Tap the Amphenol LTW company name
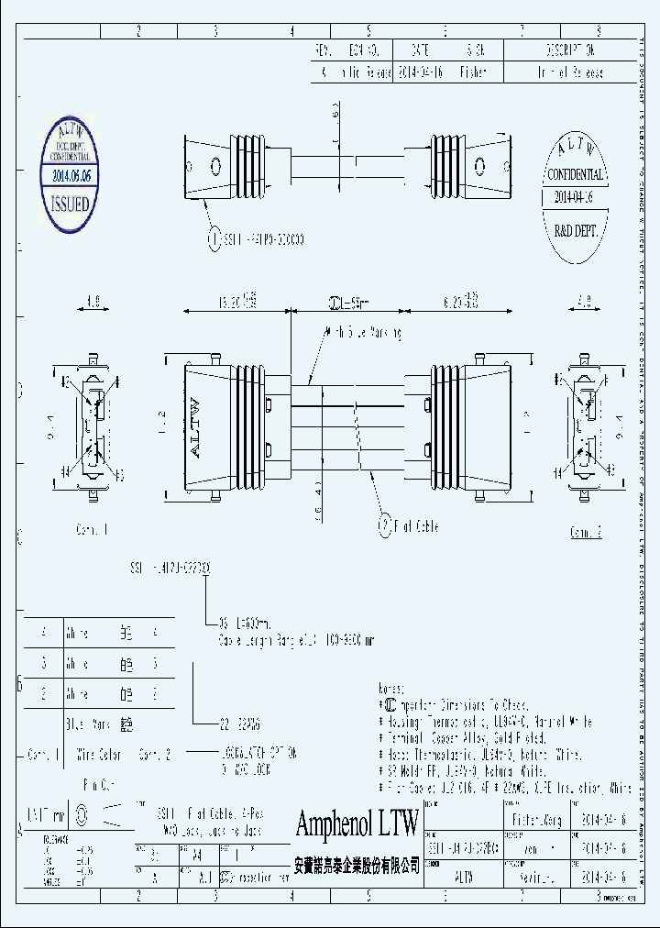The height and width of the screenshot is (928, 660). click(x=357, y=823)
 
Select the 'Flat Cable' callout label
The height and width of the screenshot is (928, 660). click(x=415, y=526)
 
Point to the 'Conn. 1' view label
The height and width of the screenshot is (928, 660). click(x=92, y=529)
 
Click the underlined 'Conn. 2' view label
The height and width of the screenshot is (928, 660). click(x=586, y=532)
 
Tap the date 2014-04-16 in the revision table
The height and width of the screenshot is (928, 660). click(x=422, y=72)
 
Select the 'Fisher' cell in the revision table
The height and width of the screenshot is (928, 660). click(x=473, y=72)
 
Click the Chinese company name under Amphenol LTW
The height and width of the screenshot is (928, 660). click(x=357, y=865)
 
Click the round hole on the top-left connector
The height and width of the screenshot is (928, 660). click(x=216, y=166)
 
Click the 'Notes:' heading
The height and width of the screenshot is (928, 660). click(x=390, y=687)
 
